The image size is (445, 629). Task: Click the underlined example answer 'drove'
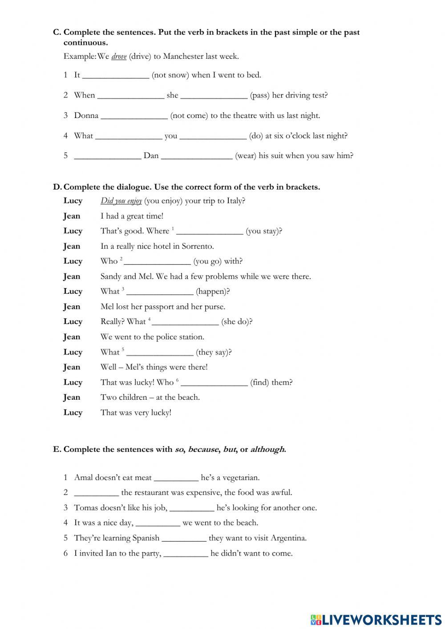coord(119,57)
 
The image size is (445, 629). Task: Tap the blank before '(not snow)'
coord(116,75)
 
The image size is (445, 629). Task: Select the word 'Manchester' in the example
coord(183,57)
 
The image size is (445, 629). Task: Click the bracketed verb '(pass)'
coord(259,95)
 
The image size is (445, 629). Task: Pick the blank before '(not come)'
coord(134,116)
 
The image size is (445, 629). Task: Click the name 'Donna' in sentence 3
coord(86,116)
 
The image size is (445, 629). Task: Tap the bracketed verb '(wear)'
coord(246,156)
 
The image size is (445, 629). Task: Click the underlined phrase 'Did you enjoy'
coord(121,201)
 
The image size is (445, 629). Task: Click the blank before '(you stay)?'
coord(210,231)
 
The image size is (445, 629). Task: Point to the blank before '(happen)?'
coord(160,292)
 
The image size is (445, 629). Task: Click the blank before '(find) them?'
coord(214,382)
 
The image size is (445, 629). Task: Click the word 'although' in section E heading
coord(267,449)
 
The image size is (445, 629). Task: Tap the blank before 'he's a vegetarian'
coord(176,478)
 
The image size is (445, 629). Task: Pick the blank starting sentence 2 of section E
coord(97,493)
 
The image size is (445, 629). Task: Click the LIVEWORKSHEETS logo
coord(376,619)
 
